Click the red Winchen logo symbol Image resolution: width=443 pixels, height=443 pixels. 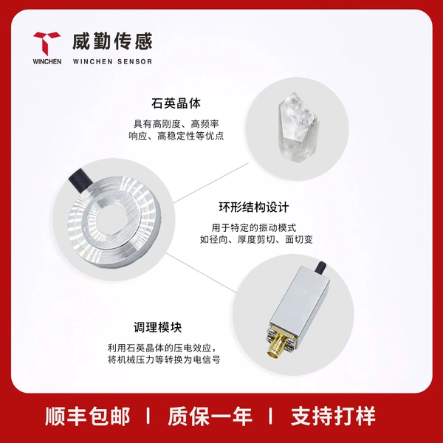click(x=46, y=42)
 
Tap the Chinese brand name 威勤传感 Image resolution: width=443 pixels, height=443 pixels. click(x=112, y=41)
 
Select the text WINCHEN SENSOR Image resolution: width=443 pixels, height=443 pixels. click(x=112, y=61)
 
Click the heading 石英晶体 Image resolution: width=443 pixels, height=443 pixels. click(x=176, y=103)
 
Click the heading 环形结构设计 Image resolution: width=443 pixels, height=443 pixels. click(x=254, y=207)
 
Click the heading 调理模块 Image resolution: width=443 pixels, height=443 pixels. click(x=158, y=327)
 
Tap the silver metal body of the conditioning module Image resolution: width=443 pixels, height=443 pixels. click(x=300, y=301)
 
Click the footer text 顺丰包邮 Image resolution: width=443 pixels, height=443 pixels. click(x=87, y=416)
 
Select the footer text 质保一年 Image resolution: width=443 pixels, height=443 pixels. click(x=210, y=416)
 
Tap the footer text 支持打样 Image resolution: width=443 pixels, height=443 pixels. click(x=333, y=416)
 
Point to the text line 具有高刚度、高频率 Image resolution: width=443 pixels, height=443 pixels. click(x=176, y=124)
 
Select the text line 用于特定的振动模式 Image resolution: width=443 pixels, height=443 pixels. click(x=254, y=227)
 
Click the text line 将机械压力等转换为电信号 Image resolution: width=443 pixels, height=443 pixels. click(x=164, y=360)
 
